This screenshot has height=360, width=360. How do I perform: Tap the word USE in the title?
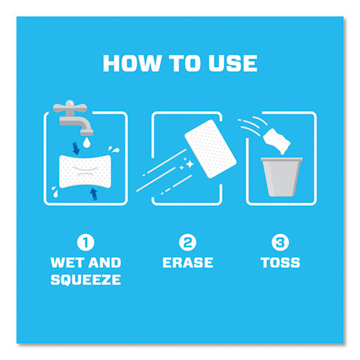[233, 63]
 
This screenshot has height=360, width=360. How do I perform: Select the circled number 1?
[86, 243]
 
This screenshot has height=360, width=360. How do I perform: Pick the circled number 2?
[188, 243]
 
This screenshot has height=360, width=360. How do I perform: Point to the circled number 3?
[280, 243]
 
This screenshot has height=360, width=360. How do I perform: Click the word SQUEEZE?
[86, 280]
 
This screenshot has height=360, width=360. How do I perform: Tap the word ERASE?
[188, 263]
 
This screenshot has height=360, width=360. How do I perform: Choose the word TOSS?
[280, 263]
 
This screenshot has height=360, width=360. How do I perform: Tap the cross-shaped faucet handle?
[70, 107]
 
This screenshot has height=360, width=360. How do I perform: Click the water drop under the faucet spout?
[86, 142]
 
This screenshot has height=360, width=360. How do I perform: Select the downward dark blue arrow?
[76, 148]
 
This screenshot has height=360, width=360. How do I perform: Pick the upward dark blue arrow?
[94, 194]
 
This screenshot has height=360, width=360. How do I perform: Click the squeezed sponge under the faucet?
[86, 171]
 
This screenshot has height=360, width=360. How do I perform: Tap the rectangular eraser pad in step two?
[210, 149]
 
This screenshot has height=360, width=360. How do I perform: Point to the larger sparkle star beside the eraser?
[190, 164]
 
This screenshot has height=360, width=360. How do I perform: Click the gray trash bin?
[282, 176]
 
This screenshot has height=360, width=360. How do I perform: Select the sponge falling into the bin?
[276, 141]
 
